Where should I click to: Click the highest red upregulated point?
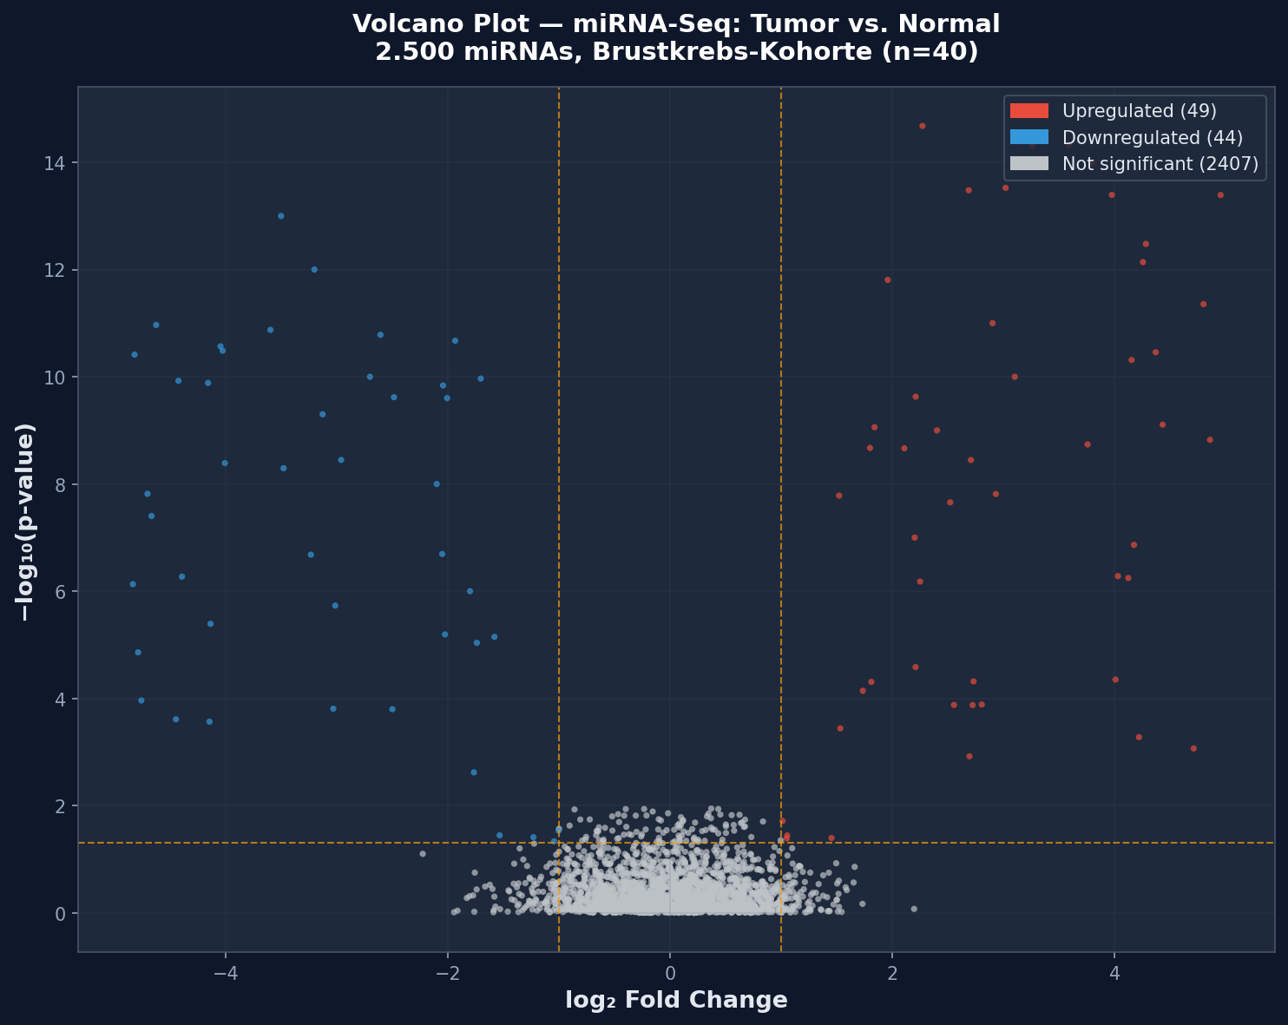tap(922, 126)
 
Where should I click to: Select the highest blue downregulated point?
tap(280, 216)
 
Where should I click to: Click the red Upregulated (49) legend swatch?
tap(1028, 111)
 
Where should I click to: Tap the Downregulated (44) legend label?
tap(1152, 138)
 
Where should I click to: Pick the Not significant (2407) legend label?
tap(1160, 165)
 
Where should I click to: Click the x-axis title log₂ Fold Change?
tap(676, 1001)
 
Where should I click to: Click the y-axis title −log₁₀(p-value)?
tap(26, 522)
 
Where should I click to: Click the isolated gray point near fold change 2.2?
tap(913, 909)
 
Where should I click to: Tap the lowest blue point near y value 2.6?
tap(473, 772)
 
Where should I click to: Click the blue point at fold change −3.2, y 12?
tap(314, 270)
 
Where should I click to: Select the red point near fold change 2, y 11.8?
tap(887, 279)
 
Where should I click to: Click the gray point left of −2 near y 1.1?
tap(423, 854)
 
